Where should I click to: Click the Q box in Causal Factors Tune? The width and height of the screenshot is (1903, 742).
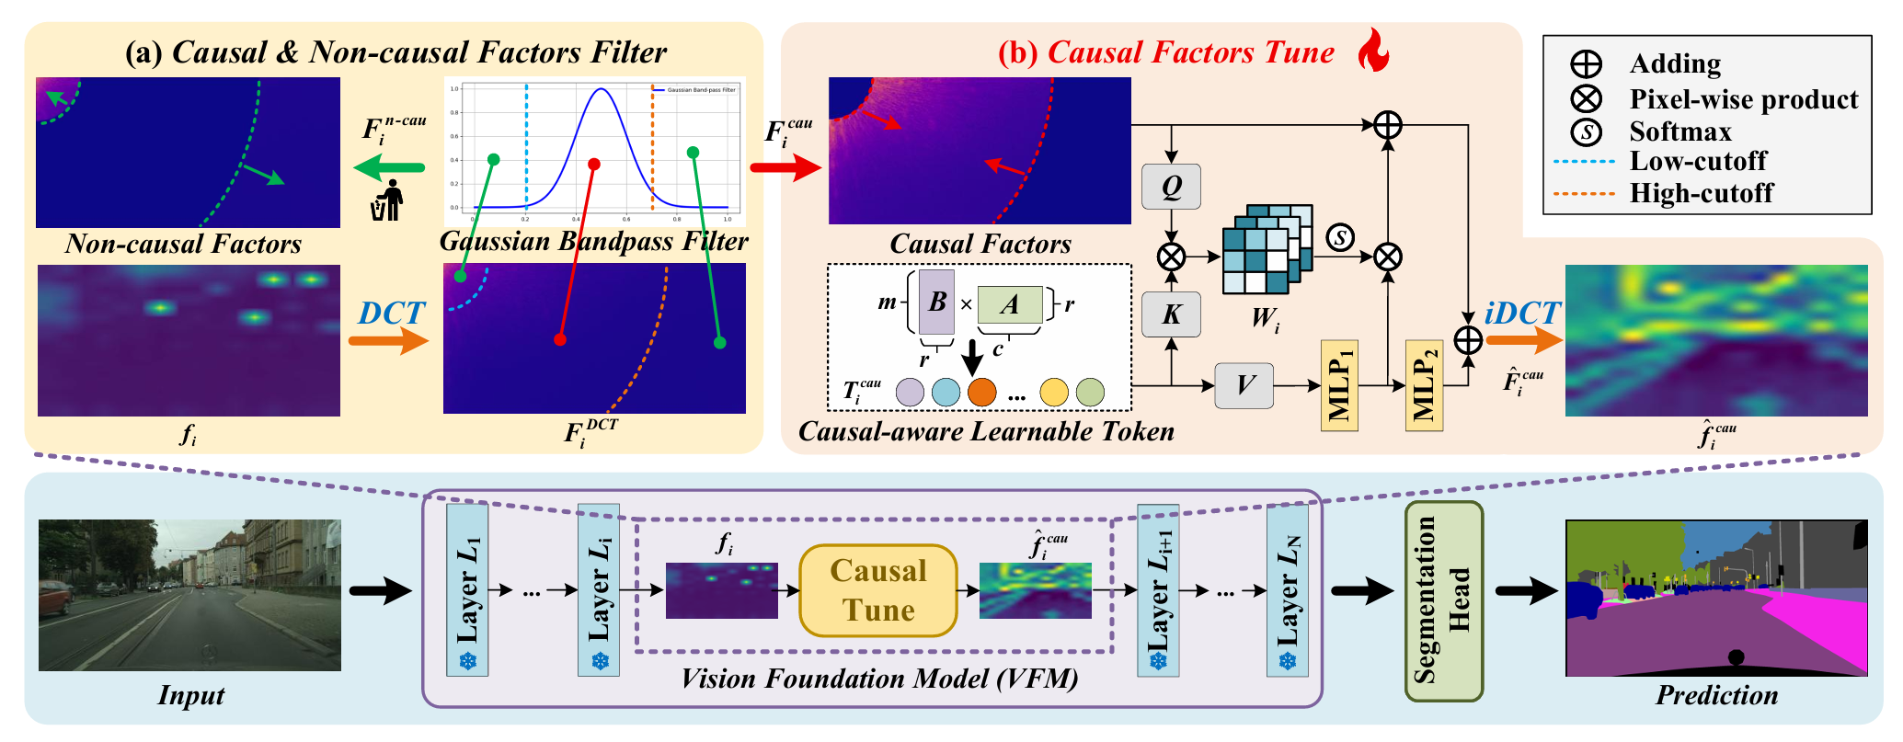(1171, 187)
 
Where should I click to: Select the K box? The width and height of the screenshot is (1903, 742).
(1171, 314)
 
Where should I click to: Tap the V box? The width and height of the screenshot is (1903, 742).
(1244, 385)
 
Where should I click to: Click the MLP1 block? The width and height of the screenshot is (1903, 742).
(1339, 385)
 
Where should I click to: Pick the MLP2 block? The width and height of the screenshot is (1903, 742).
(1424, 385)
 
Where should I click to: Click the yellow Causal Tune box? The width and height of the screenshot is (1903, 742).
(878, 590)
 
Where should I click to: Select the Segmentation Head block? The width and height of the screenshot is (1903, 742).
(1443, 600)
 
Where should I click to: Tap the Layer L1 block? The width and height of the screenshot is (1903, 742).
(467, 589)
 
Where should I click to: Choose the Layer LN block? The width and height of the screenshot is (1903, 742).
(1287, 589)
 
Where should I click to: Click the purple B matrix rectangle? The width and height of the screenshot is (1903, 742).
(936, 302)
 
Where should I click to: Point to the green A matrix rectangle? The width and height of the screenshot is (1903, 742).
(1009, 304)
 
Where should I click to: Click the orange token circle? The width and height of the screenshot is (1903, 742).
(981, 392)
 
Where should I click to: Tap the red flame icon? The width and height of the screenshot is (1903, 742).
(1373, 50)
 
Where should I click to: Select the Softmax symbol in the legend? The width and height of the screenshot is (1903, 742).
(1587, 131)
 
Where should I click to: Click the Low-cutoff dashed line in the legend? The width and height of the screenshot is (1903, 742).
(1584, 162)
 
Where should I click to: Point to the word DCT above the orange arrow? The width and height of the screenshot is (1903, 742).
(392, 314)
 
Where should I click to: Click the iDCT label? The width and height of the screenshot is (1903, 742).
(1522, 314)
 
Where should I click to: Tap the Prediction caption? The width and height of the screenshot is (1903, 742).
(1716, 695)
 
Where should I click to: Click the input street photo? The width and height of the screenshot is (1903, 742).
(189, 595)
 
